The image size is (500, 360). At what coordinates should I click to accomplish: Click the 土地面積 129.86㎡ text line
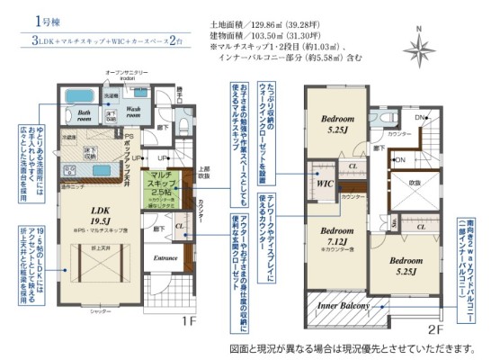point(254,24)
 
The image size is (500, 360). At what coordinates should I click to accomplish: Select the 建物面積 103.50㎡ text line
point(254,37)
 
